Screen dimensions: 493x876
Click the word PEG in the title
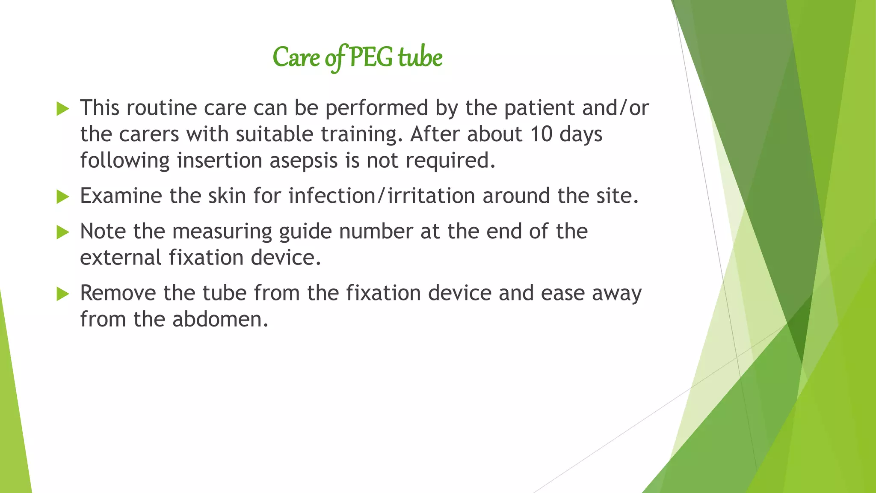pos(370,58)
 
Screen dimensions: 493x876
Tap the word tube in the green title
pos(420,58)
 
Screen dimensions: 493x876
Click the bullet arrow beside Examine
pos(62,197)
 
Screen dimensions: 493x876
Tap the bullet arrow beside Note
pos(62,232)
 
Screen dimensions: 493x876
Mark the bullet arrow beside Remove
pos(62,294)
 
